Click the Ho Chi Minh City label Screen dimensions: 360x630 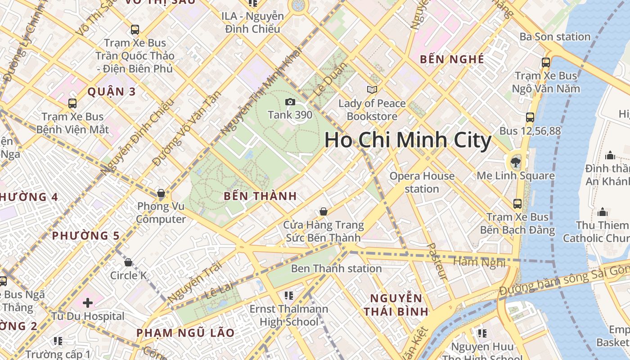pos(408,140)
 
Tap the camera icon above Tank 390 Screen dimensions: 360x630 pos(290,102)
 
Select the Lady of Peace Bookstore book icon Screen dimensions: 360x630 pos(372,90)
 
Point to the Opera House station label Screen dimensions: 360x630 pos(422,182)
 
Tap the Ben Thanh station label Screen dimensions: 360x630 pos(336,269)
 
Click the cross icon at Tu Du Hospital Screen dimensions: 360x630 pos(88,303)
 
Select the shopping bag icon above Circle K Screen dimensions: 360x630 pos(128,262)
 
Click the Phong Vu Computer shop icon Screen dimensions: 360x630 pos(161,194)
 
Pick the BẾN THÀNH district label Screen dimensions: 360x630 pos(260,196)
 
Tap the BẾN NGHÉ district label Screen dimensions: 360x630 pos(452,59)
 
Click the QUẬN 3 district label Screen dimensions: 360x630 pos(111,92)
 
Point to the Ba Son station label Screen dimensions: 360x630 pos(555,37)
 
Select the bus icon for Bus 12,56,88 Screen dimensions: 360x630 pos(530,118)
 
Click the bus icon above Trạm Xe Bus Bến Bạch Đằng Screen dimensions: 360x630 pos(517,204)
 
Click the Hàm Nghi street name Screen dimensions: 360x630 pos(479,262)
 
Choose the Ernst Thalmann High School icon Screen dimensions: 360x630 pos(289,296)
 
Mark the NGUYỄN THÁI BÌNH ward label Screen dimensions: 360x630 pos(396,305)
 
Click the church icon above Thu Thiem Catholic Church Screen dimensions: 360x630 pos(603,212)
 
